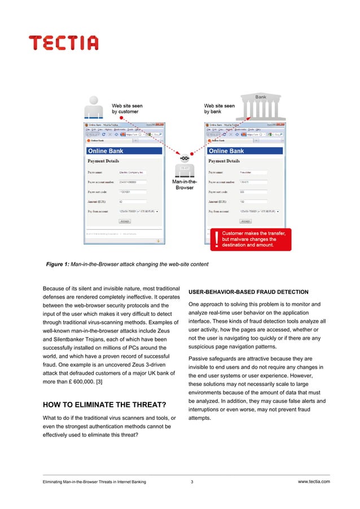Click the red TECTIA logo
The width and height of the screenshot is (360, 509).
64,43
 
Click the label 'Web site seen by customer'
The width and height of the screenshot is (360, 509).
127,108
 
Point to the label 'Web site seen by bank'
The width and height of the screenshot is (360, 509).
219,108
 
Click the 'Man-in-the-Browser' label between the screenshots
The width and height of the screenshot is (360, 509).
185,184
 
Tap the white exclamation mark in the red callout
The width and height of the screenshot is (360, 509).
214,239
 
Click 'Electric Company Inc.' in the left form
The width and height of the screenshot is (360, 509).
131,172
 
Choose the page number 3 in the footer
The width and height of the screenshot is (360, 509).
192,481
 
